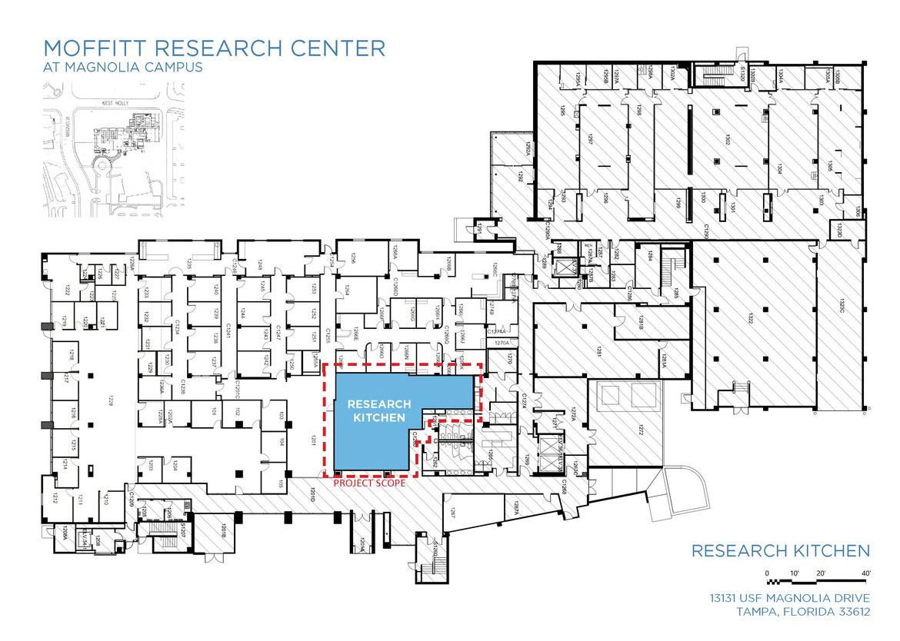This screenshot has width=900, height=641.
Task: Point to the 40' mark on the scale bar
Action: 865,573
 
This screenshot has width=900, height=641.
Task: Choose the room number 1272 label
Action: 640,430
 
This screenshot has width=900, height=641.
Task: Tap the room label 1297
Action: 591,141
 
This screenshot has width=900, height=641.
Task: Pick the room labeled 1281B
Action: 640,327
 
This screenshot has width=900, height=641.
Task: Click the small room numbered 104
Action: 282,442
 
